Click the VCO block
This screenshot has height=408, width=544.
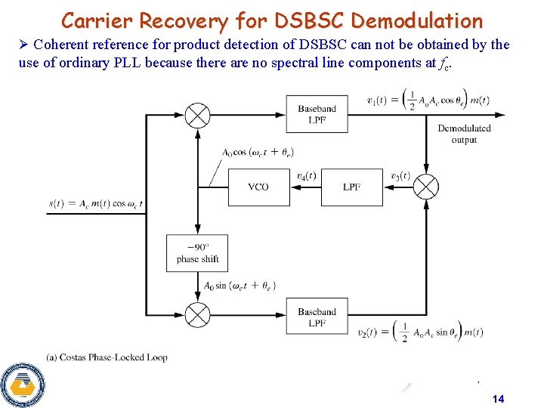pos(258,187)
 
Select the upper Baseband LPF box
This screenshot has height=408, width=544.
pos(317,114)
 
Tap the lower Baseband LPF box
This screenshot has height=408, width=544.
pos(317,317)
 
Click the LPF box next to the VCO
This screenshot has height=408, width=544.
pos(351,187)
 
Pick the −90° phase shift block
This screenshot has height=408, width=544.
pos(197,254)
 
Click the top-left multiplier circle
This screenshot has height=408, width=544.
pos(197,116)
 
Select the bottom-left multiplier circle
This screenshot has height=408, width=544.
pos(197,314)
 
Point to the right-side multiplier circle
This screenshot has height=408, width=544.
pos(426,186)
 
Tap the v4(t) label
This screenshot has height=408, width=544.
pos(306,177)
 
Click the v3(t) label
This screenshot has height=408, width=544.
pos(400,177)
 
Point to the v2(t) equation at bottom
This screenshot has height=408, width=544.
pos(421,332)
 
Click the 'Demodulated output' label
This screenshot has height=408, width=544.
pos(464,134)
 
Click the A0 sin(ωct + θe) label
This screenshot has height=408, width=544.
pos(240,286)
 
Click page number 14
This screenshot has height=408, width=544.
pos(497,398)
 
